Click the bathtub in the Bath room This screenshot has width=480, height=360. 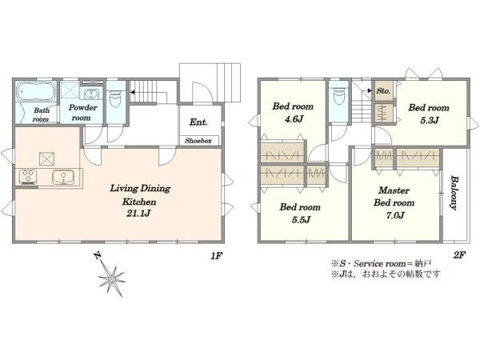click(x=36, y=91)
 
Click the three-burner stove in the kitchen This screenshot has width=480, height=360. click(x=28, y=177)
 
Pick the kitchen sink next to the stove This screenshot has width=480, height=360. click(x=63, y=177)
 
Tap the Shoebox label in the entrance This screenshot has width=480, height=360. click(x=198, y=141)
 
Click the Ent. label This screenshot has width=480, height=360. click(x=198, y=122)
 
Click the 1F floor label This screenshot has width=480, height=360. click(x=216, y=256)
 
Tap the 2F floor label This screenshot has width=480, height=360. click(x=459, y=254)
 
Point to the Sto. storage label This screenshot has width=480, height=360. click(x=383, y=91)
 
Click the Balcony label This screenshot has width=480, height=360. click(x=454, y=193)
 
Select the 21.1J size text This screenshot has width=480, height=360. click(x=138, y=213)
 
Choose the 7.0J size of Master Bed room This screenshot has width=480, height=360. click(x=395, y=215)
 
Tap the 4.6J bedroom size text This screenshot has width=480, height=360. click(x=294, y=118)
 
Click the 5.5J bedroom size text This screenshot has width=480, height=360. click(x=301, y=219)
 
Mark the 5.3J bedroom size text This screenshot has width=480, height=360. click(x=430, y=120)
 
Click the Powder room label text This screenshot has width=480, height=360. click(x=82, y=112)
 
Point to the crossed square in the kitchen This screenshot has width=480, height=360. click(x=46, y=159)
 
